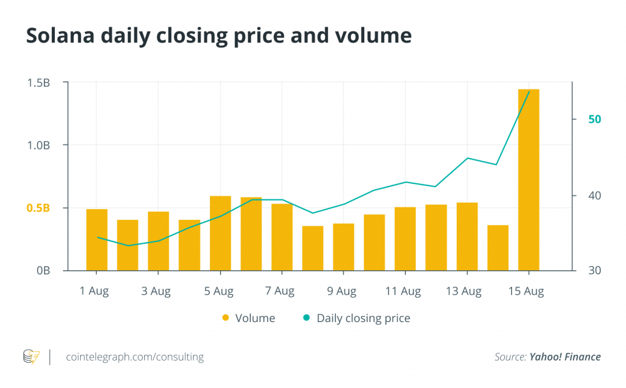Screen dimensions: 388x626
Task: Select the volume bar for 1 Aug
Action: coord(97,239)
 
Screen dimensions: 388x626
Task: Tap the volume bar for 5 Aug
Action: coord(220,233)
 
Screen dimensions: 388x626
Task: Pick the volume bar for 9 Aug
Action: coord(343,247)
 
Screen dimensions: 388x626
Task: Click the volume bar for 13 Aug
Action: coord(467,237)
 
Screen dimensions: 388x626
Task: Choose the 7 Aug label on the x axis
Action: coord(280,291)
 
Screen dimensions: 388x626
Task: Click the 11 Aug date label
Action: coord(403,291)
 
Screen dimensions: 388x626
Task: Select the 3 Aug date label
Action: coord(156,291)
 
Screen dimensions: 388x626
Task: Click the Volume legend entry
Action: coord(249,318)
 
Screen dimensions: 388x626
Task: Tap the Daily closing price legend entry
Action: coord(358,318)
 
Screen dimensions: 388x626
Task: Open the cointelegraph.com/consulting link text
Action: coord(134,357)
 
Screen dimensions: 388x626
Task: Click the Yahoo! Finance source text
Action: coord(565,357)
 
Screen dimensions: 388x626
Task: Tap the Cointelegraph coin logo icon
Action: coord(31,357)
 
